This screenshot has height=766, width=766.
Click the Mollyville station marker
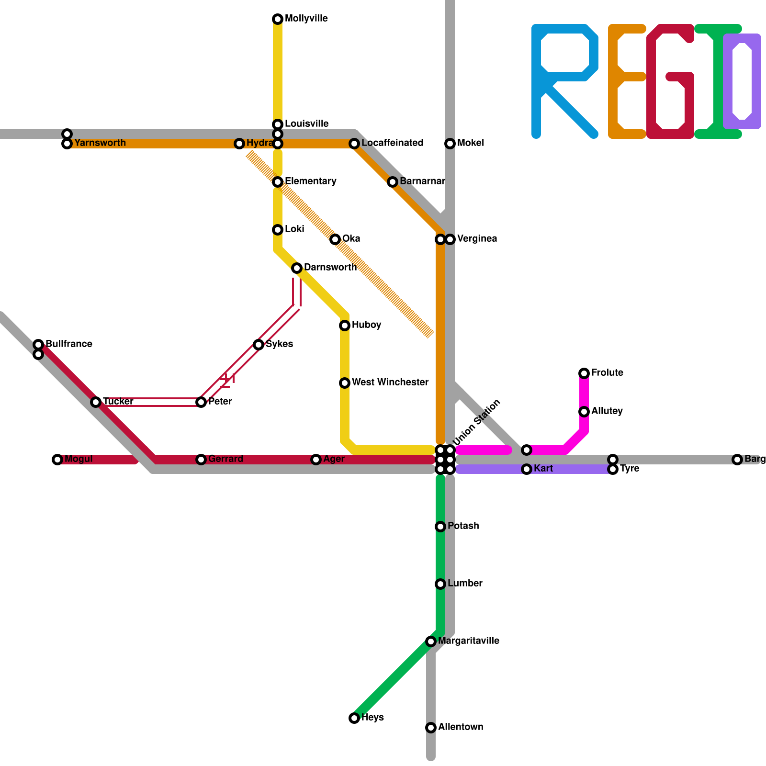tap(278, 19)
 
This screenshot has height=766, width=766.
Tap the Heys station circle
tap(354, 718)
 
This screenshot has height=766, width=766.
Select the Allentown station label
tap(461, 727)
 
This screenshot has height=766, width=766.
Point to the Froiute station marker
tap(584, 373)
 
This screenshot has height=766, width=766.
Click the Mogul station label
tap(79, 459)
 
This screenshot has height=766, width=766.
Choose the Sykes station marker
tap(259, 345)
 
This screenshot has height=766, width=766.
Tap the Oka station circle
tap(335, 239)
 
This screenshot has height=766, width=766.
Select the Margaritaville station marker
tap(431, 642)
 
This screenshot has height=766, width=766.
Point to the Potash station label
tap(463, 526)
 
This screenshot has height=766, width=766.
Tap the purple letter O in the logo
tap(742, 81)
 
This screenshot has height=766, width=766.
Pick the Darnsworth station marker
tap(297, 268)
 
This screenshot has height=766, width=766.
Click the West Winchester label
tap(390, 383)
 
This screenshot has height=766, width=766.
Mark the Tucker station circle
tap(96, 402)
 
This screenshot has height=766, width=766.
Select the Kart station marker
tap(527, 469)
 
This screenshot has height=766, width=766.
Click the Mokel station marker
tap(450, 144)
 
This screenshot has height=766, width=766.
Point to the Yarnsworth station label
tap(100, 143)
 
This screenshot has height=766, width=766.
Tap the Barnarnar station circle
tap(393, 182)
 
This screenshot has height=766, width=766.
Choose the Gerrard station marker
tap(201, 460)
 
